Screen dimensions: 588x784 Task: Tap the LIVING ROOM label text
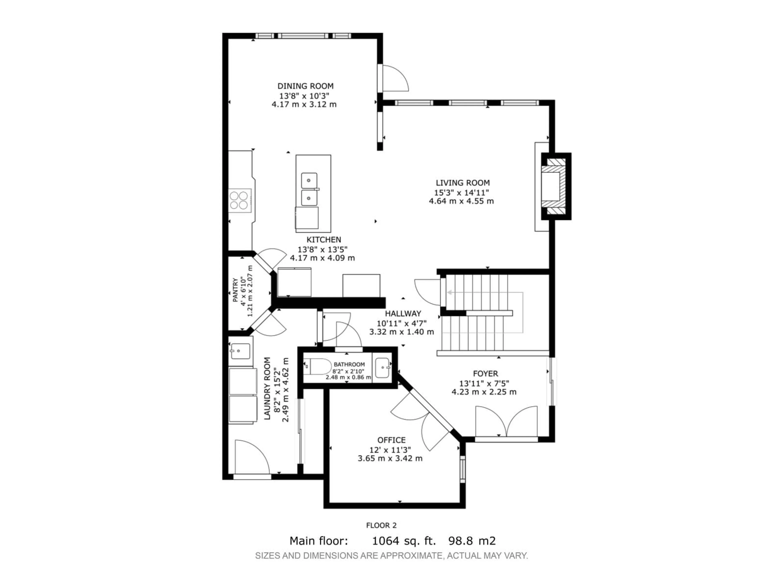point(462,183)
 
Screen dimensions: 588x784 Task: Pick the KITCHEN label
point(324,240)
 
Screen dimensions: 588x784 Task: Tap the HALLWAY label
point(403,314)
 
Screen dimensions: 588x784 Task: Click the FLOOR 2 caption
point(381,525)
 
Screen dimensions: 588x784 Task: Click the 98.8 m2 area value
point(472,541)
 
